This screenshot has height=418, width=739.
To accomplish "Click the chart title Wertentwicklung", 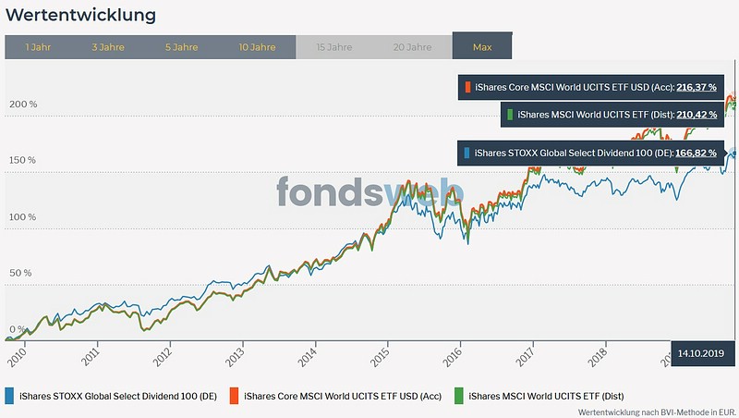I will (80, 16).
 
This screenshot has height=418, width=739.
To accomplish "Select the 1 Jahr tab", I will (38, 46).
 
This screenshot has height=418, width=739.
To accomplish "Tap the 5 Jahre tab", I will (182, 46).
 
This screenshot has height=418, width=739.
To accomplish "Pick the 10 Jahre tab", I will (257, 46).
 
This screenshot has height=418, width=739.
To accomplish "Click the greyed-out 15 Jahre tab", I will (333, 46).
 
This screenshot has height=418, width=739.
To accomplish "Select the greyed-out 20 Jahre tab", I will (412, 46).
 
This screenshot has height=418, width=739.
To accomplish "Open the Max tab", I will (481, 46).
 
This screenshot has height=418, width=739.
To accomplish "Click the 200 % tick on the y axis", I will (23, 104).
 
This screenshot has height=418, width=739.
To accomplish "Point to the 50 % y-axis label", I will (21, 274).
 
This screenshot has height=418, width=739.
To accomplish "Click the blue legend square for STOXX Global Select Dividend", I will (9, 395).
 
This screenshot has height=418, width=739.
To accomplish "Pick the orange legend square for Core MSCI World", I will (236, 395).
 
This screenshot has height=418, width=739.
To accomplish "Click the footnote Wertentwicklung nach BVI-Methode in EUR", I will (655, 411).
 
